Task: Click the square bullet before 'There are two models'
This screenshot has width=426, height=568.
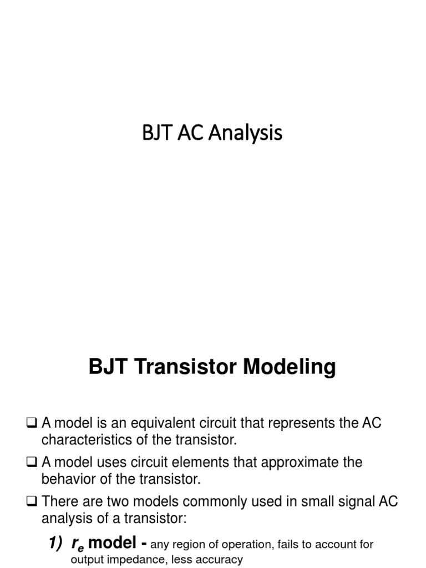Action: tap(31, 501)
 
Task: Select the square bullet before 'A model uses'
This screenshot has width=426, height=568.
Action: tap(31, 463)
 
